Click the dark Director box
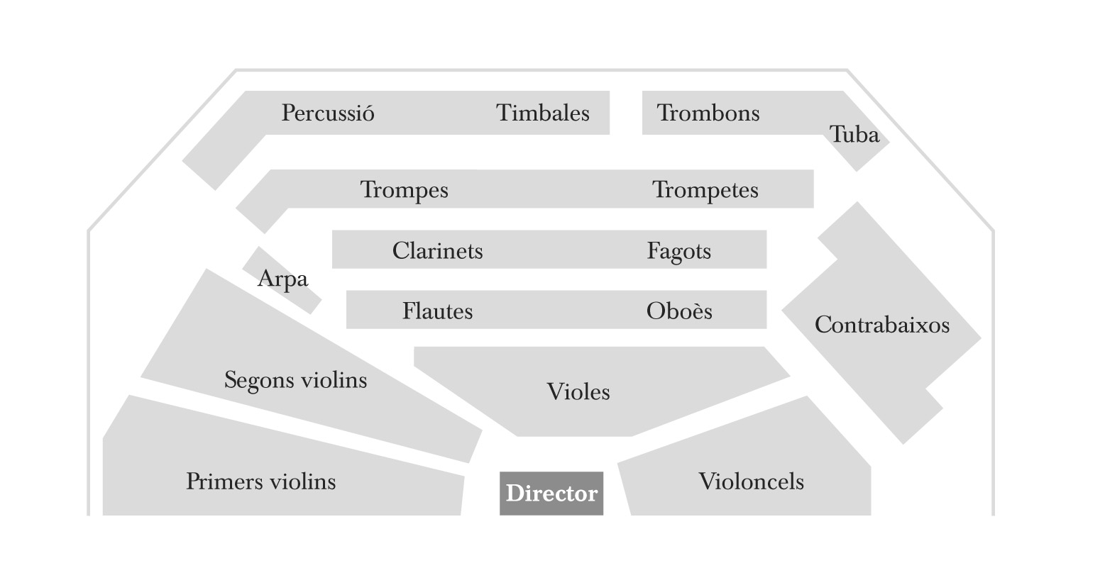551,493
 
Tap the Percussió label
328,113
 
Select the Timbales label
543,113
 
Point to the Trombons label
708,113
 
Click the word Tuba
854,134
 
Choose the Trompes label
404,190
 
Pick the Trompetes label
705,190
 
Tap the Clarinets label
438,250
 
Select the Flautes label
438,311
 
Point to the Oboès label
679,311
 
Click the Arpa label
282,279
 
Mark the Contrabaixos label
882,325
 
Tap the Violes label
578,392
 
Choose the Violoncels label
752,481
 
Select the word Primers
226,481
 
